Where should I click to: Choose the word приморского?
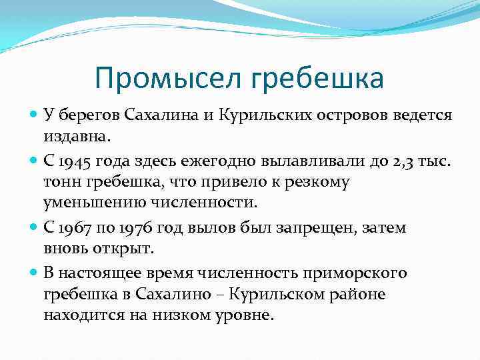pyautogui.click(x=355, y=273)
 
